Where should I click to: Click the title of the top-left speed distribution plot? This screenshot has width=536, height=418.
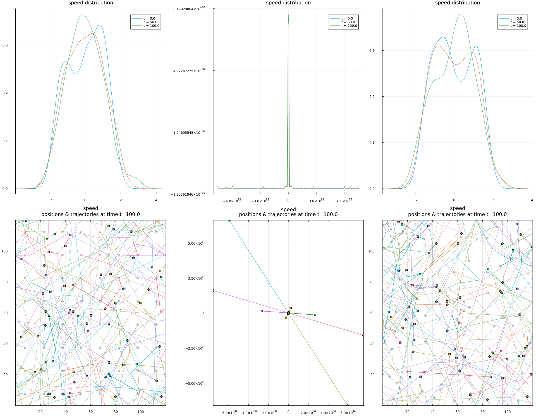pos(90,3)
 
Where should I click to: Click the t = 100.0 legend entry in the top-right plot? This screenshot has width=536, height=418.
pos(518,26)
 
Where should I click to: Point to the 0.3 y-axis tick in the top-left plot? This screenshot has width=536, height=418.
pos(5,45)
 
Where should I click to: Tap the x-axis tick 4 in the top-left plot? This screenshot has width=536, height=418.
pos(156,200)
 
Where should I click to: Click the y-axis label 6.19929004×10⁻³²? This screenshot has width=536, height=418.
pos(189,9)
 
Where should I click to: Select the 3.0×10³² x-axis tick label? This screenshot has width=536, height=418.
pos(316,201)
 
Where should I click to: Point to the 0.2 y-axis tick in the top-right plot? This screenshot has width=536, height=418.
pos(372,97)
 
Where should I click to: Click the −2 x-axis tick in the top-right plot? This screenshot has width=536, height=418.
pos(415,200)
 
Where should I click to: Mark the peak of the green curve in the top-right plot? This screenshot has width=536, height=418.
pos(461,14)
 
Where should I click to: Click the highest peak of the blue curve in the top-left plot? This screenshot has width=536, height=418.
pos(100,25)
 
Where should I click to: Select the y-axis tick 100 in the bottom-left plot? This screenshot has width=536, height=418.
pos(4,251)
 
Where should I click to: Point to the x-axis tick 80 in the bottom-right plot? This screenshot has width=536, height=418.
pos(482,412)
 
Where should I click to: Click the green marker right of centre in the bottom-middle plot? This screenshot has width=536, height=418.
pos(315,315)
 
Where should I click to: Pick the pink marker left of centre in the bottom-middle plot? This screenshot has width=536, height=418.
pos(262,311)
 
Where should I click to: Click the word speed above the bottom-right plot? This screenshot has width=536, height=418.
pos(457,208)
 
